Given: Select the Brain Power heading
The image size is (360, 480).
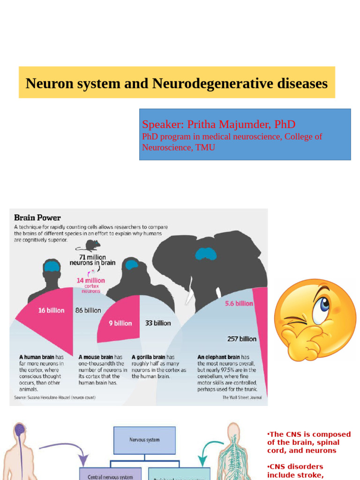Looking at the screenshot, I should click(x=37, y=218).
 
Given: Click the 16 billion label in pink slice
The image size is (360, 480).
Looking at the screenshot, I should click(x=51, y=310).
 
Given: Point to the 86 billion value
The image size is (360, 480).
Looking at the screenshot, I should click(x=88, y=310).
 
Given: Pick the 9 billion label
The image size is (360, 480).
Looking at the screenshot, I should click(x=120, y=323).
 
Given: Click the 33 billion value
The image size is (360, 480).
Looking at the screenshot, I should click(x=158, y=323).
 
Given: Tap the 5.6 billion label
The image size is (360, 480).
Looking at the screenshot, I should click(x=239, y=303).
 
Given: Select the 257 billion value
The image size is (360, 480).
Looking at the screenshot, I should click(x=242, y=339).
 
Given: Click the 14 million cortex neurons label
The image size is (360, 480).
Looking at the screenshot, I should click(x=91, y=285).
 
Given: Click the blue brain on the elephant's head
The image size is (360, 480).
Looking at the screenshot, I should click(x=206, y=254).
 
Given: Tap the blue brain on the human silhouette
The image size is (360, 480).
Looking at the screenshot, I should click(x=52, y=267).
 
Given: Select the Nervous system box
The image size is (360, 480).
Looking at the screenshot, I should click(x=144, y=440).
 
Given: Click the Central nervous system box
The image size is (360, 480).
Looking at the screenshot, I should click(x=110, y=475).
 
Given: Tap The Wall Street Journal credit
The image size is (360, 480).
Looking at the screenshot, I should click(x=242, y=397).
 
